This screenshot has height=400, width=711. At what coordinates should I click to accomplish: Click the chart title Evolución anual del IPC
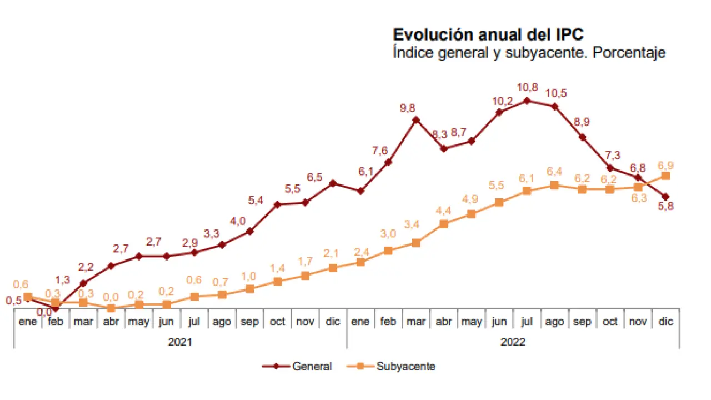488,34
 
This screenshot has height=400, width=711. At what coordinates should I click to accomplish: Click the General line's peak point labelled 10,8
527,101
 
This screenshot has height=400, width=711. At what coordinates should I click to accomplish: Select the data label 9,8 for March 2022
408,108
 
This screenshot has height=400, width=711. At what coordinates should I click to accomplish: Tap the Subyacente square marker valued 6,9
665,176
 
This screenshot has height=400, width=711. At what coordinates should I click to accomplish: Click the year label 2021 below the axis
180,342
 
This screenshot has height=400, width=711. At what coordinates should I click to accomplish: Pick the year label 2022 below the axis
513,342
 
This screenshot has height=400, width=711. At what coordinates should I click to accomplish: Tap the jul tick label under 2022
527,322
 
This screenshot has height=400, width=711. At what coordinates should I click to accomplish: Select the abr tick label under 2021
111,322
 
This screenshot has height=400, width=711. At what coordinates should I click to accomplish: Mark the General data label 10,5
556,93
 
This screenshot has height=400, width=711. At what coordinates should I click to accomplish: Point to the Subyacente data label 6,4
554,171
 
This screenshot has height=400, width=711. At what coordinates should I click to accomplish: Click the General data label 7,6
380,151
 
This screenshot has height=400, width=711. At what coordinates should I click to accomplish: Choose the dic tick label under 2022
665,322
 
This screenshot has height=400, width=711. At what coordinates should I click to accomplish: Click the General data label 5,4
256,200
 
